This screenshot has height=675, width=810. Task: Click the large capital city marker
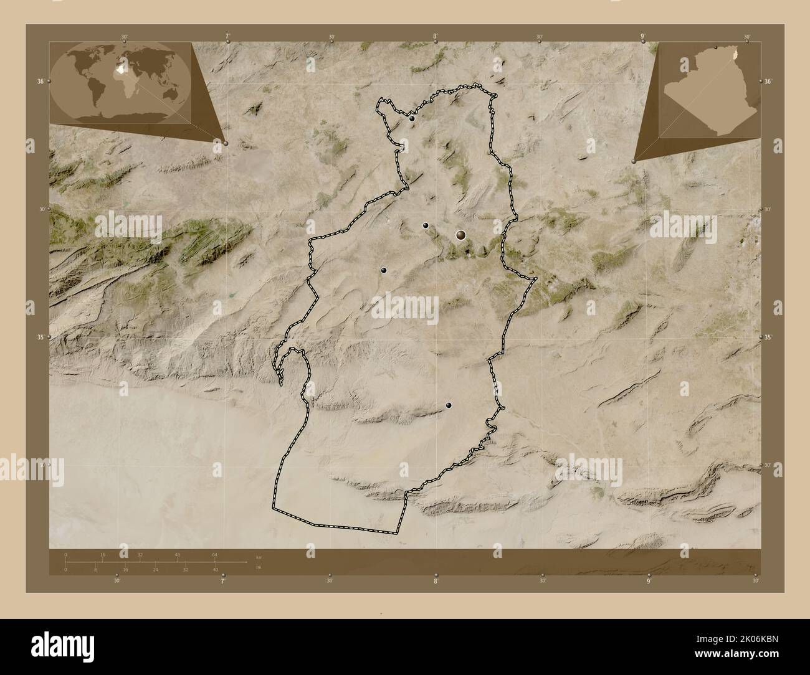click(x=461, y=235)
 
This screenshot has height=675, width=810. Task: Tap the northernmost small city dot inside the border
click(x=412, y=118)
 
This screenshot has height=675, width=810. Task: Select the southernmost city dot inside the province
click(x=449, y=405)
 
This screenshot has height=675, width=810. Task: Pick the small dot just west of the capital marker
click(x=426, y=225)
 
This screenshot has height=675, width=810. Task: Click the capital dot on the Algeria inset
click(x=716, y=47)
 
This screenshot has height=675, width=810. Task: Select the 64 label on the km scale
click(x=215, y=554)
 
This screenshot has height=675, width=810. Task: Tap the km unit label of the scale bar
click(x=259, y=556)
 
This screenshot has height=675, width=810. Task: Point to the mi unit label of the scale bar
click(x=258, y=567)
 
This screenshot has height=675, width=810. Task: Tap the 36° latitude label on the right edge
click(x=768, y=82)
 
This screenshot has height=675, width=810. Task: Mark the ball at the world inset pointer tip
click(x=226, y=143)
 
